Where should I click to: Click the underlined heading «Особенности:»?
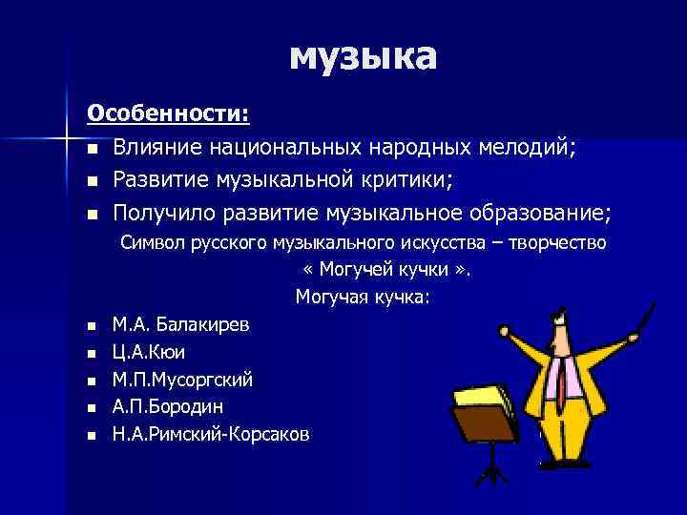click(x=169, y=114)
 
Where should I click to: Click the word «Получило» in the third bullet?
click(x=162, y=210)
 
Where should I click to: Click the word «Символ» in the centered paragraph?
click(x=150, y=243)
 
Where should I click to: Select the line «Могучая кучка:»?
click(x=363, y=298)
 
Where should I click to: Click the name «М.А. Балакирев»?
click(x=181, y=325)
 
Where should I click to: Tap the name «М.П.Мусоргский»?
click(x=182, y=380)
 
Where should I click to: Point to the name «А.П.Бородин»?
click(x=168, y=406)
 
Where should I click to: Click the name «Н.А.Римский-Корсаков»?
click(x=211, y=433)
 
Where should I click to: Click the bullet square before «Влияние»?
click(x=92, y=149)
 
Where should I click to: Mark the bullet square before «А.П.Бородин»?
click(x=92, y=407)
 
